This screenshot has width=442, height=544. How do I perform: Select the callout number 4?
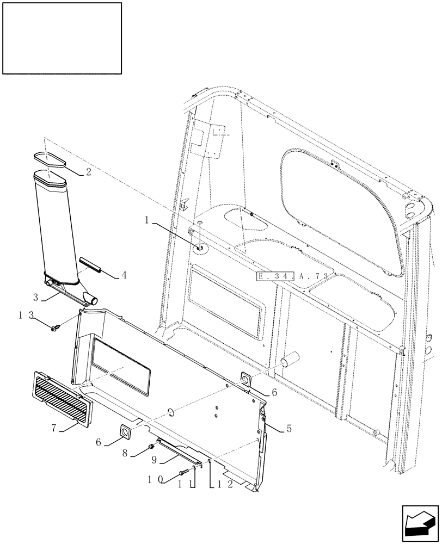(124, 275)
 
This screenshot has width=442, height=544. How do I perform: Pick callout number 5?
(289, 429)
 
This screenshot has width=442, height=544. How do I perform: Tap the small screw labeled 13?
(56, 328)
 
